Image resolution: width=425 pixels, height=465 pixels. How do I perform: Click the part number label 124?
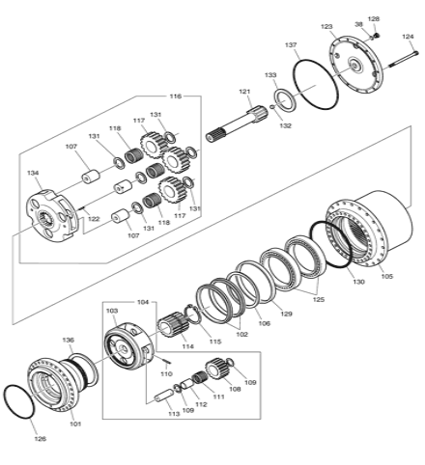point(408,37)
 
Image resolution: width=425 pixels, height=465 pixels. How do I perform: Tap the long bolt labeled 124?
point(404,59)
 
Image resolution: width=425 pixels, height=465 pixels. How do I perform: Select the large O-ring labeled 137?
point(316,84)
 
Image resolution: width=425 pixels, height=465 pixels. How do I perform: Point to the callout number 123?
point(326,27)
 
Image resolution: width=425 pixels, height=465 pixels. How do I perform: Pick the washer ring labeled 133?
point(285,101)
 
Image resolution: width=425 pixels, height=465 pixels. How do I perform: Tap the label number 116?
point(176,96)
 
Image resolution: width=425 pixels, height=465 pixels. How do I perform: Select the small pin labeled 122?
point(81,208)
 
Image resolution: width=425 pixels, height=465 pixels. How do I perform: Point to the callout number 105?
point(387,276)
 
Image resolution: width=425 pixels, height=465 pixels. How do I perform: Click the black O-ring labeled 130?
point(330,244)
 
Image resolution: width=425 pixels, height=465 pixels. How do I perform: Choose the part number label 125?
point(319,300)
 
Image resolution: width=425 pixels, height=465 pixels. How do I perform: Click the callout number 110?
point(166,374)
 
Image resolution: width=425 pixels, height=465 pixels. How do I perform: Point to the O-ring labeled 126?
point(18,401)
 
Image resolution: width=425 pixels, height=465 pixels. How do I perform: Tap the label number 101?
point(75,424)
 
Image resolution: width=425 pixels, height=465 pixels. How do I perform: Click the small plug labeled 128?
point(376,35)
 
